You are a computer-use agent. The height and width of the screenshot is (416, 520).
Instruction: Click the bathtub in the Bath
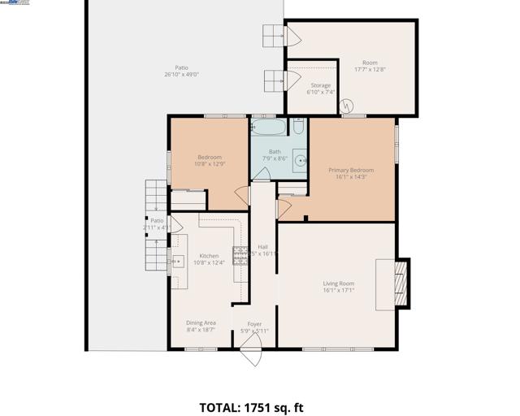pos(269,128)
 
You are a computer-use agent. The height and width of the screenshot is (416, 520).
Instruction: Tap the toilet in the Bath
pos(298,127)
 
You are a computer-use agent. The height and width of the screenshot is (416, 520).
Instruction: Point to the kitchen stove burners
pos(240,255)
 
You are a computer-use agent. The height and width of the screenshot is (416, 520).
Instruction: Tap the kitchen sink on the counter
pos(178,262)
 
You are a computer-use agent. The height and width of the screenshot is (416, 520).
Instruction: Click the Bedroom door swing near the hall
pos(241,195)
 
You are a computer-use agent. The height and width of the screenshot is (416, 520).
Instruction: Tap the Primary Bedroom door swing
pos(284,209)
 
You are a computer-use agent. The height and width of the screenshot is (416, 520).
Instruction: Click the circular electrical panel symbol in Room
pos(347,106)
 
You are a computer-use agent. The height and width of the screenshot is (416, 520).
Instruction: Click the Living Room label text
pos(338,284)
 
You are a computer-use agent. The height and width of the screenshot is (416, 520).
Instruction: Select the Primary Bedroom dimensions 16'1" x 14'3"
pos(350,177)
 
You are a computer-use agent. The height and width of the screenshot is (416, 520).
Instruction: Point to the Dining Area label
pos(201,323)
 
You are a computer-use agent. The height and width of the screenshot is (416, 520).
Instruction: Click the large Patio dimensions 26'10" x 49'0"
pos(181,75)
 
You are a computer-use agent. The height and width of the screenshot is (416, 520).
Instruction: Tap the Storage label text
pos(320,85)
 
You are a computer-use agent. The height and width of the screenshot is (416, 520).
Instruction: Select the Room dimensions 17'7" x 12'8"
pos(370,70)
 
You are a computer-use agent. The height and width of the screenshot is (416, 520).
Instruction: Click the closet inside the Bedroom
pos(188,198)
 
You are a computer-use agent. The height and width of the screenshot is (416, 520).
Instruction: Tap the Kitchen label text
pos(209,256)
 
